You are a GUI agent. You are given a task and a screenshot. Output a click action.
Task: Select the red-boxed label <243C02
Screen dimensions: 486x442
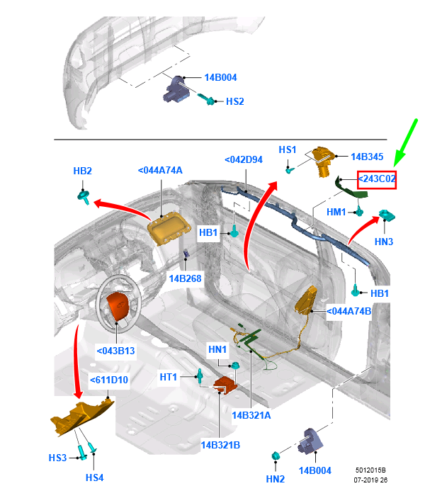pyautogui.click(x=376, y=180)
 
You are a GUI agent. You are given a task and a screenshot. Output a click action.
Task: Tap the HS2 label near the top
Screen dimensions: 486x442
pyautogui.click(x=234, y=102)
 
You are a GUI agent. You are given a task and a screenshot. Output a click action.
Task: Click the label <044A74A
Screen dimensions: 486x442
pyautogui.click(x=160, y=170)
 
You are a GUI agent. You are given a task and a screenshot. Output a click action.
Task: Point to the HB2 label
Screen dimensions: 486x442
pyautogui.click(x=83, y=171)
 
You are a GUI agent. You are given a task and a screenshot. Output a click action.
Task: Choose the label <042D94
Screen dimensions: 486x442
pyautogui.click(x=244, y=159)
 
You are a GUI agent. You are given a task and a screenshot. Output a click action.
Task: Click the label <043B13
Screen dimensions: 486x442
pyautogui.click(x=115, y=350)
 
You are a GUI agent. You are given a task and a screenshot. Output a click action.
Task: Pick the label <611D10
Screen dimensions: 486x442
pyautogui.click(x=109, y=380)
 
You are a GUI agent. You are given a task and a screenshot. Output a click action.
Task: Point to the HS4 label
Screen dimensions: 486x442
pyautogui.click(x=94, y=477)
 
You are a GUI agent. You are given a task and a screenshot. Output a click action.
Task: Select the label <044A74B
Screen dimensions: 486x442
pyautogui.click(x=349, y=310)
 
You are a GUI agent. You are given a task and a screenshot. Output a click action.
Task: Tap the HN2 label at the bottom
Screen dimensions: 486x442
pyautogui.click(x=275, y=479)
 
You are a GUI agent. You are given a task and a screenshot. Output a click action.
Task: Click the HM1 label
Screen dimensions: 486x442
pyautogui.click(x=336, y=212)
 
